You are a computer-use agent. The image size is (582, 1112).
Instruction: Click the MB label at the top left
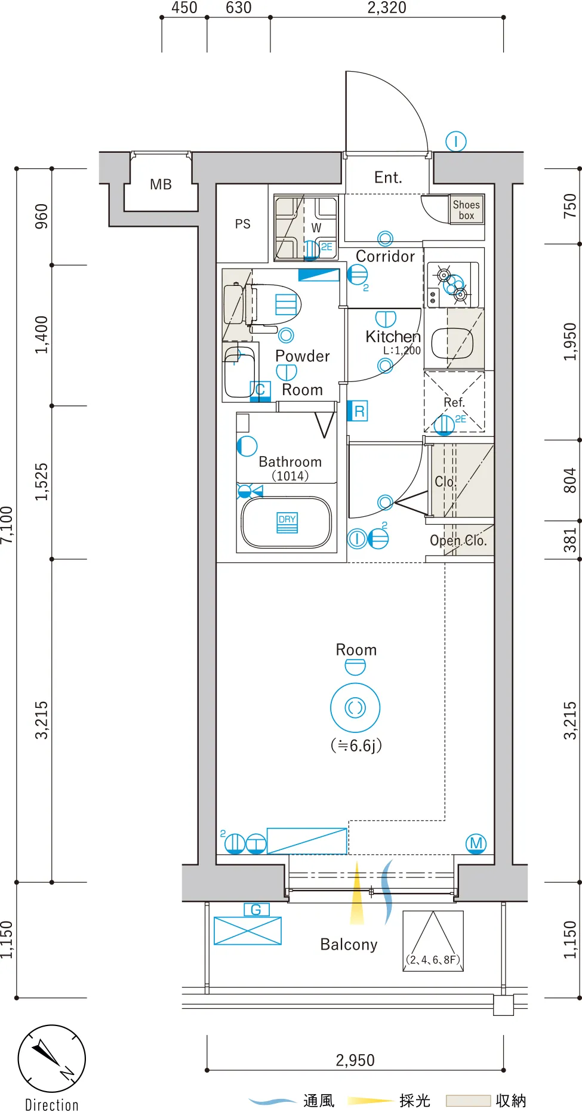[x=161, y=184]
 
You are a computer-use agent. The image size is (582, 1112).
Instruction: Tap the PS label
[x=242, y=224]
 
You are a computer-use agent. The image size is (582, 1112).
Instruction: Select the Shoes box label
[x=466, y=210]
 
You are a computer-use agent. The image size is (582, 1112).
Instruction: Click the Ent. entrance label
[x=388, y=177]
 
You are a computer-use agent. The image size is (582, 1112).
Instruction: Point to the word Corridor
[x=385, y=256]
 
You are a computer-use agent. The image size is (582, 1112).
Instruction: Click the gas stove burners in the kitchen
[x=452, y=284]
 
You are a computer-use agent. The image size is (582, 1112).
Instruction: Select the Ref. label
[x=454, y=402]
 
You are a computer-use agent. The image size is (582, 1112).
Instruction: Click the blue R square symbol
[x=358, y=411]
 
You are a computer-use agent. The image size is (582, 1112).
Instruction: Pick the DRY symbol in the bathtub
[x=287, y=522]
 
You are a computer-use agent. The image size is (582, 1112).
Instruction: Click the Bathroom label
[x=290, y=461]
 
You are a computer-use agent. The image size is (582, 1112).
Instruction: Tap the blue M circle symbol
[x=476, y=843]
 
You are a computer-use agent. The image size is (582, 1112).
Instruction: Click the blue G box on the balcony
[x=257, y=910]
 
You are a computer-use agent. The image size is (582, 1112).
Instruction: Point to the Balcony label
[x=349, y=944]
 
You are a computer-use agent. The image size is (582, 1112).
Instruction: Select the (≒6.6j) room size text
[x=356, y=746]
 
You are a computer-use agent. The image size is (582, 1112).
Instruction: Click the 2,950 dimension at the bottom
[x=355, y=1060]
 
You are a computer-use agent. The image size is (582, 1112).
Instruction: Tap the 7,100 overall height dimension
[x=7, y=525]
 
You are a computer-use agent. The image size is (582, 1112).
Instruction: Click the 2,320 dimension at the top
[x=387, y=8]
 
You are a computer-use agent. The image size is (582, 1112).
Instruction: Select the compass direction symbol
[x=52, y=1059]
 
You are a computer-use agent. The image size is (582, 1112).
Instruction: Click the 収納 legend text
[x=511, y=1100]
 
